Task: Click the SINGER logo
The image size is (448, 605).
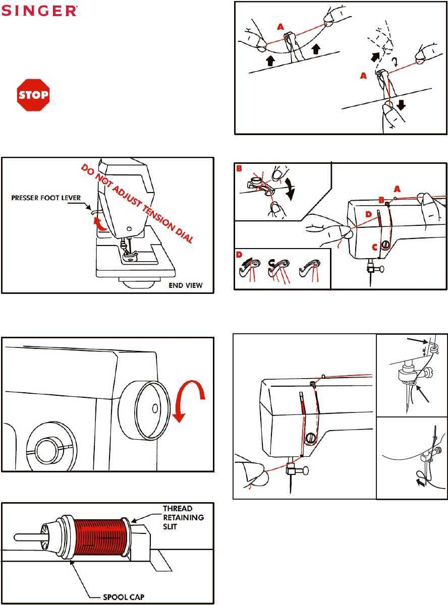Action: tap(41, 11)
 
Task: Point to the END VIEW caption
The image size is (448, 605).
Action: tap(185, 285)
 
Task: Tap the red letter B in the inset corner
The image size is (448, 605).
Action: tap(239, 168)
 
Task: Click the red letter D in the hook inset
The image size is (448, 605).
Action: tap(240, 255)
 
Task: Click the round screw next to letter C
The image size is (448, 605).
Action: tap(385, 245)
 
